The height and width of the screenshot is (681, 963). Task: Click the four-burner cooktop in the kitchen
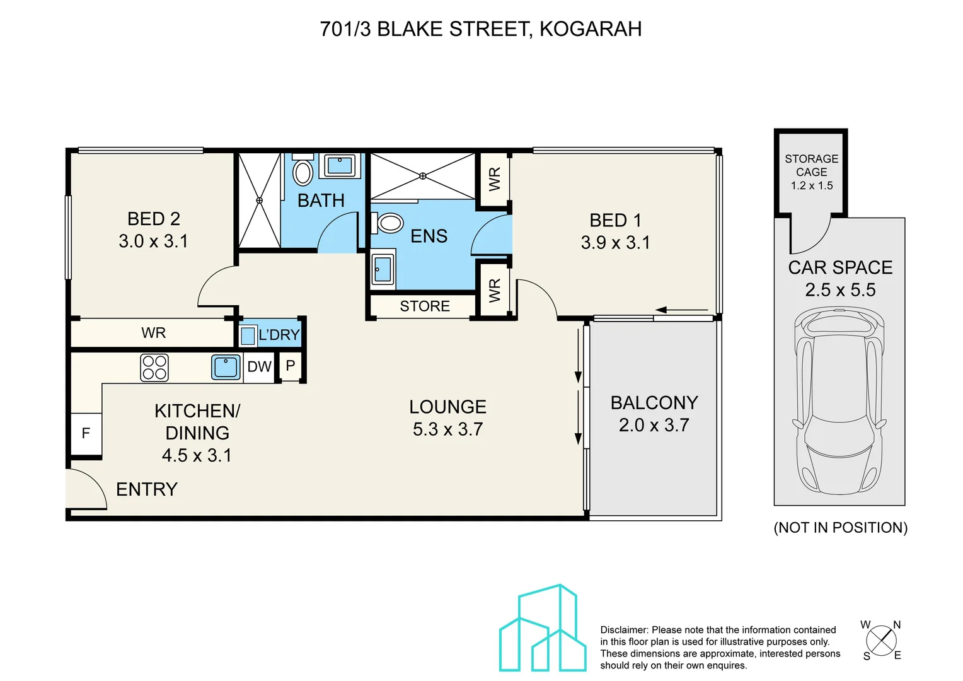tap(154, 368)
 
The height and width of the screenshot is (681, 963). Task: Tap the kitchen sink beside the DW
tap(226, 368)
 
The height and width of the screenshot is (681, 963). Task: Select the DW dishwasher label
tap(259, 366)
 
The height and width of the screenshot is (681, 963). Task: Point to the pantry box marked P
tap(291, 366)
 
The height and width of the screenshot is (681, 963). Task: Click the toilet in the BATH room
tap(303, 172)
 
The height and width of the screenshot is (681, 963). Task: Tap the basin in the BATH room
tap(340, 165)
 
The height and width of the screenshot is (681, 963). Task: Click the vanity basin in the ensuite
tap(383, 269)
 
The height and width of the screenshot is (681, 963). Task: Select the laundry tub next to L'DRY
tap(248, 335)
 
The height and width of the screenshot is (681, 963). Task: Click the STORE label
tap(425, 306)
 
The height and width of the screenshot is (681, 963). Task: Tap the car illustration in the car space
tap(839, 400)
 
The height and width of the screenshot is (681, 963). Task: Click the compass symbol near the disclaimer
tap(881, 641)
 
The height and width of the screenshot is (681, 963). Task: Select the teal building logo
tap(543, 627)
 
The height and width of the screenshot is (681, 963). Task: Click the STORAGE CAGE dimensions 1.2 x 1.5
tap(812, 186)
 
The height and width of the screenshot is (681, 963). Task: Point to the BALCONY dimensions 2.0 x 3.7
tap(654, 425)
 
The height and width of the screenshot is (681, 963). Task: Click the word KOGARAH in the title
tap(591, 29)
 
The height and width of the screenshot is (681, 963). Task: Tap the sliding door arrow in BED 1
tap(682, 310)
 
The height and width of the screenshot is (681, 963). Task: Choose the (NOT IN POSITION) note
tap(841, 527)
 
